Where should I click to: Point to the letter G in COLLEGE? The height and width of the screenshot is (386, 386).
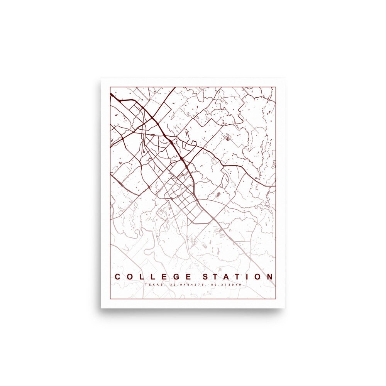[x=178, y=277]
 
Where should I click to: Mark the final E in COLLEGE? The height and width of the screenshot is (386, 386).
[x=189, y=277]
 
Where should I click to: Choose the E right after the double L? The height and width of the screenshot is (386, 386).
[x=165, y=277]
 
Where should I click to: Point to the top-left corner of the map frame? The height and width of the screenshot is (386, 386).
[x=110, y=87]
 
